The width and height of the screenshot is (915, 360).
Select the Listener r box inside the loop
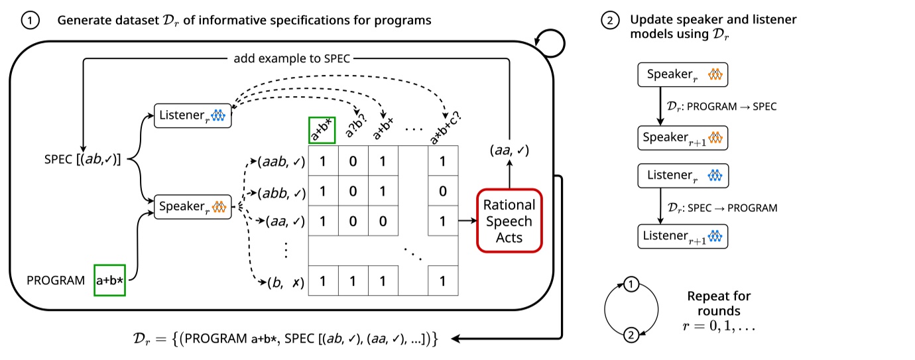[192, 115]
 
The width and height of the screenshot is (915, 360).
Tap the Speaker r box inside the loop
[192, 208]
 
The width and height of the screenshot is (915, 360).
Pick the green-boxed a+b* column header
[323, 130]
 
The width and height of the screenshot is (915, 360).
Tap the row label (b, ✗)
[285, 282]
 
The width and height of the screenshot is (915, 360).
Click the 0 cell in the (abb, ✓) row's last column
[442, 192]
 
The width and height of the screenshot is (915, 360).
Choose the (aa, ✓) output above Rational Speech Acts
[509, 152]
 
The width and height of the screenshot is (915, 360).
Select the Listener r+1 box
[682, 236]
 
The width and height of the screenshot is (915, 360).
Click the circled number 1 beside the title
[30, 21]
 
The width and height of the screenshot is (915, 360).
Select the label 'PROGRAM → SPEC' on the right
[729, 106]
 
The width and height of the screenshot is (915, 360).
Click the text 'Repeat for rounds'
[718, 303]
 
